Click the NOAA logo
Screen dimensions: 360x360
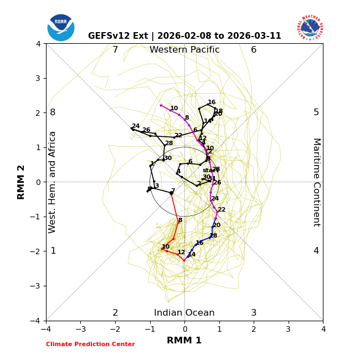coord(61,28)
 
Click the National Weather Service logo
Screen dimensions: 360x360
coord(310,28)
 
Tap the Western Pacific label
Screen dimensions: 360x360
coord(184,50)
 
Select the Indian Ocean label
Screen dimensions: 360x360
coord(184,313)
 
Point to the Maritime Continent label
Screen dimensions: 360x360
coord(316,182)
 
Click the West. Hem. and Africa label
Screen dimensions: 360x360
coord(53,182)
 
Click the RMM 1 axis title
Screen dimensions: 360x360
coord(184,341)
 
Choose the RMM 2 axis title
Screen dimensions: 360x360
coord(22,182)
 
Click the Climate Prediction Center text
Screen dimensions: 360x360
coord(90,344)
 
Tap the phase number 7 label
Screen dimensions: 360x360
coord(115,50)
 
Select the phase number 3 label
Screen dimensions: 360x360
coord(254,313)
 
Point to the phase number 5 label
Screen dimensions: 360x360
coord(316,112)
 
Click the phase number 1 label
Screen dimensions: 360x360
coord(53,251)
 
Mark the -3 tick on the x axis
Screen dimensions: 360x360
coord(80,329)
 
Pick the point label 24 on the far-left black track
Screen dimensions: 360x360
coord(136,126)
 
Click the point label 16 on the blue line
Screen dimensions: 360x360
coord(199,243)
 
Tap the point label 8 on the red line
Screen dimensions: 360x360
coord(180,220)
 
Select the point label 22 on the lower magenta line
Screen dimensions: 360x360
coord(221,210)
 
